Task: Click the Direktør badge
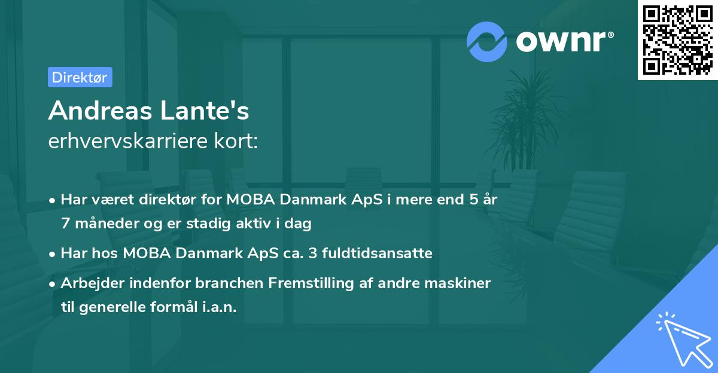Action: tap(79, 77)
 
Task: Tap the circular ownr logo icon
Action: tap(487, 41)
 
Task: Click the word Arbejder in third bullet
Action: tap(87, 283)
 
